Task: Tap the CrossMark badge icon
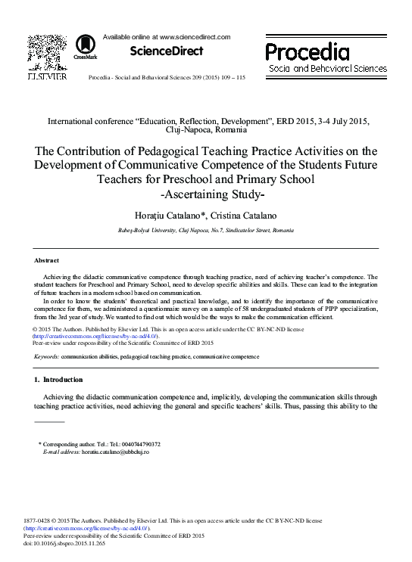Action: [85, 47]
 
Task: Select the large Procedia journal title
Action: [307, 51]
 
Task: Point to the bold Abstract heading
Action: [47, 260]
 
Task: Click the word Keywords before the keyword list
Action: [47, 355]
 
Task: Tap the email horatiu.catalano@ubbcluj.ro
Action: [116, 451]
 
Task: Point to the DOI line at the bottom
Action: [67, 542]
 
